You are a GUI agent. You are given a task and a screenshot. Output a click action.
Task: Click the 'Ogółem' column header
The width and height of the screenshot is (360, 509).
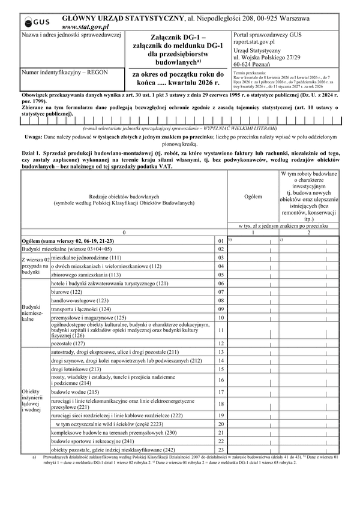(253, 196)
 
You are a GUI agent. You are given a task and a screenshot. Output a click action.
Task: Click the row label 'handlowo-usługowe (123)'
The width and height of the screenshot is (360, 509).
(80, 300)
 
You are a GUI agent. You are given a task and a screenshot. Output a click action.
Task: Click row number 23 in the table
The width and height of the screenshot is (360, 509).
(221, 449)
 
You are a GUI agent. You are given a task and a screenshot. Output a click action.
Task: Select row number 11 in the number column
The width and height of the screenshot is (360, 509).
(221, 330)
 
